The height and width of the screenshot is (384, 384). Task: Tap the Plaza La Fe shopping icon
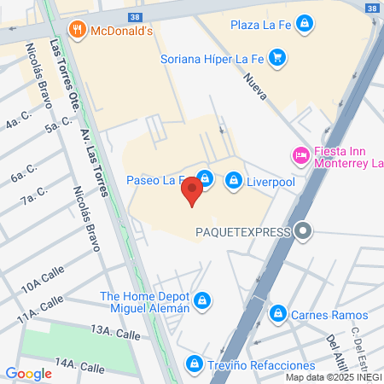[x=305, y=24]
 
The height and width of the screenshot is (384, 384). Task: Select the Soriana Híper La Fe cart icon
[x=276, y=59]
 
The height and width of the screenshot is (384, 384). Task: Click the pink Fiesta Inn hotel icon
[x=300, y=155]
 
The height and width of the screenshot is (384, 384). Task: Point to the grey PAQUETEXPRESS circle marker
[x=302, y=230]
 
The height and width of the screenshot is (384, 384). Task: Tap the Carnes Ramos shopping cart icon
[x=277, y=315]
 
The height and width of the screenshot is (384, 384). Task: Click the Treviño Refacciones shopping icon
[x=195, y=364]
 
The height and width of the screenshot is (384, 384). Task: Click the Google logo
[x=28, y=373]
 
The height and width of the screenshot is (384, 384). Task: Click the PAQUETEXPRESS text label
[x=245, y=230]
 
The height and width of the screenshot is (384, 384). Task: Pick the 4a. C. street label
[x=16, y=123]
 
